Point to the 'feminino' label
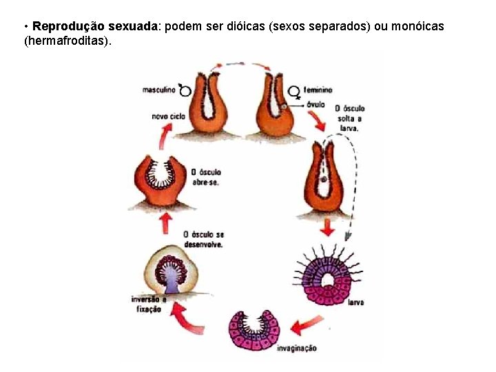(318, 90)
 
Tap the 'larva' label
(355, 302)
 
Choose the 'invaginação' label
(296, 348)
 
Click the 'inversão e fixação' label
(146, 304)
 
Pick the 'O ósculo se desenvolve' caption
(203, 240)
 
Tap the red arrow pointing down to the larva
(327, 227)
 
